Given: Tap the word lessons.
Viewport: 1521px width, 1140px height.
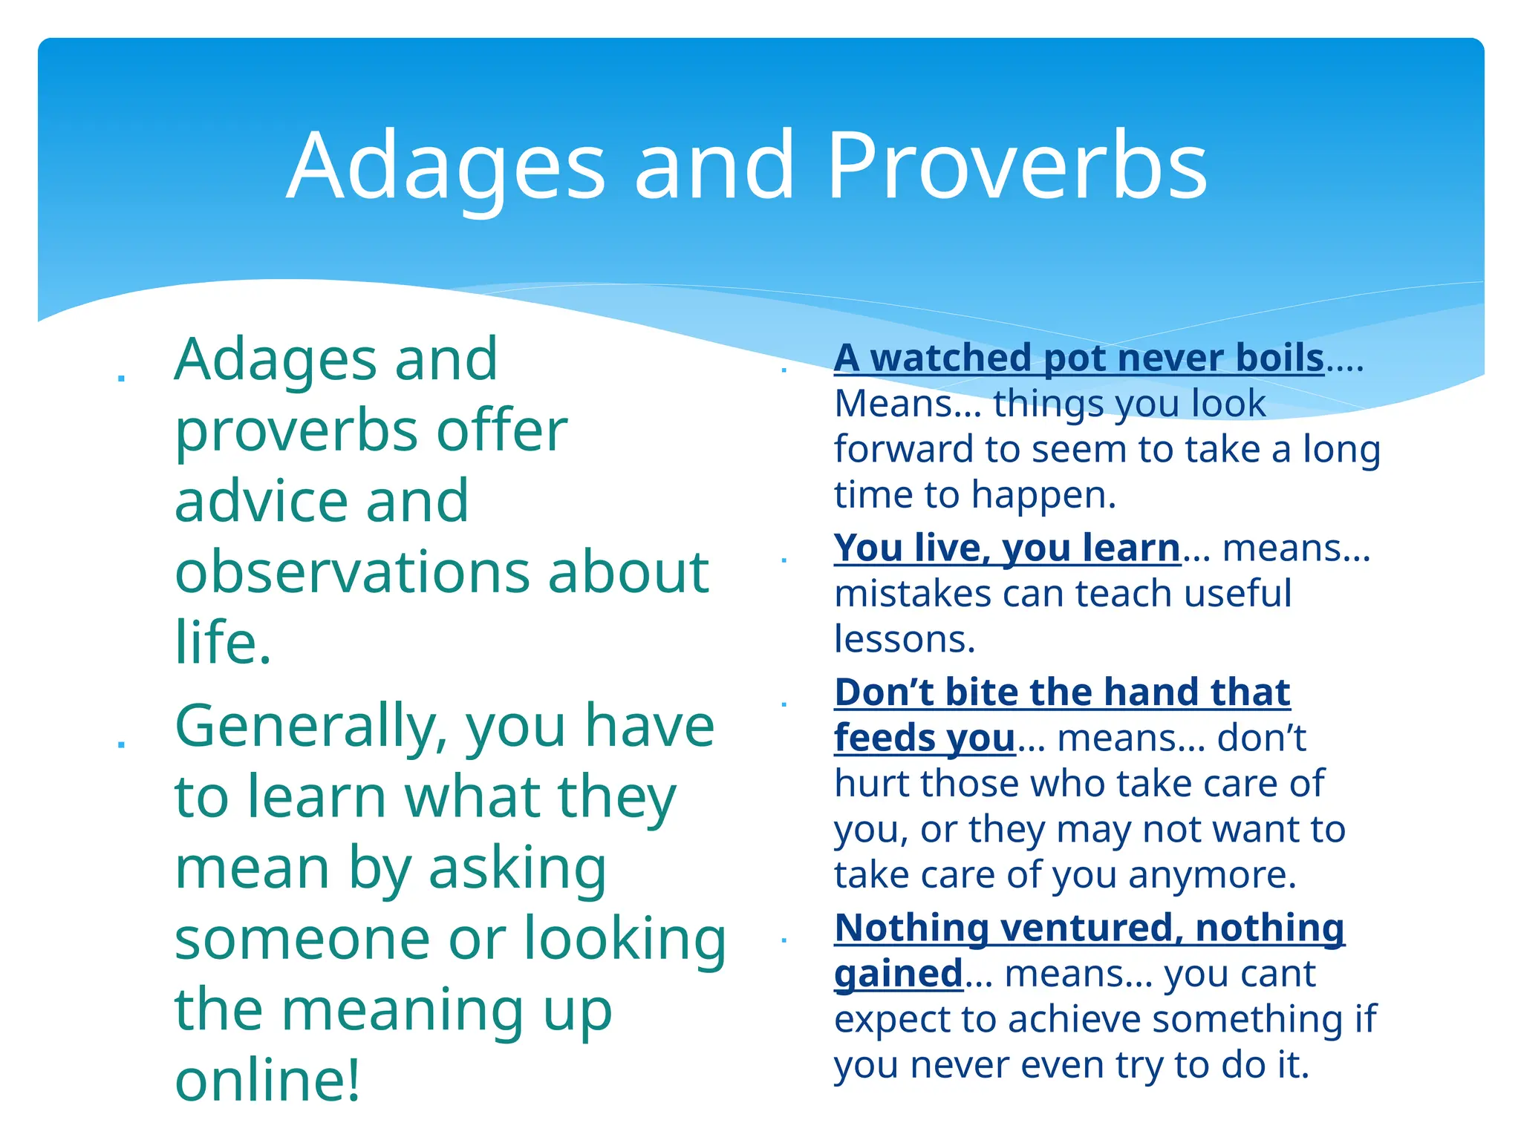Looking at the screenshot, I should [x=904, y=640].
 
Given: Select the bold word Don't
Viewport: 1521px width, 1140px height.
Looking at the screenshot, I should [x=884, y=692].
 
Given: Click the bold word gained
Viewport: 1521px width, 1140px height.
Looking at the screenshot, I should [x=898, y=974].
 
